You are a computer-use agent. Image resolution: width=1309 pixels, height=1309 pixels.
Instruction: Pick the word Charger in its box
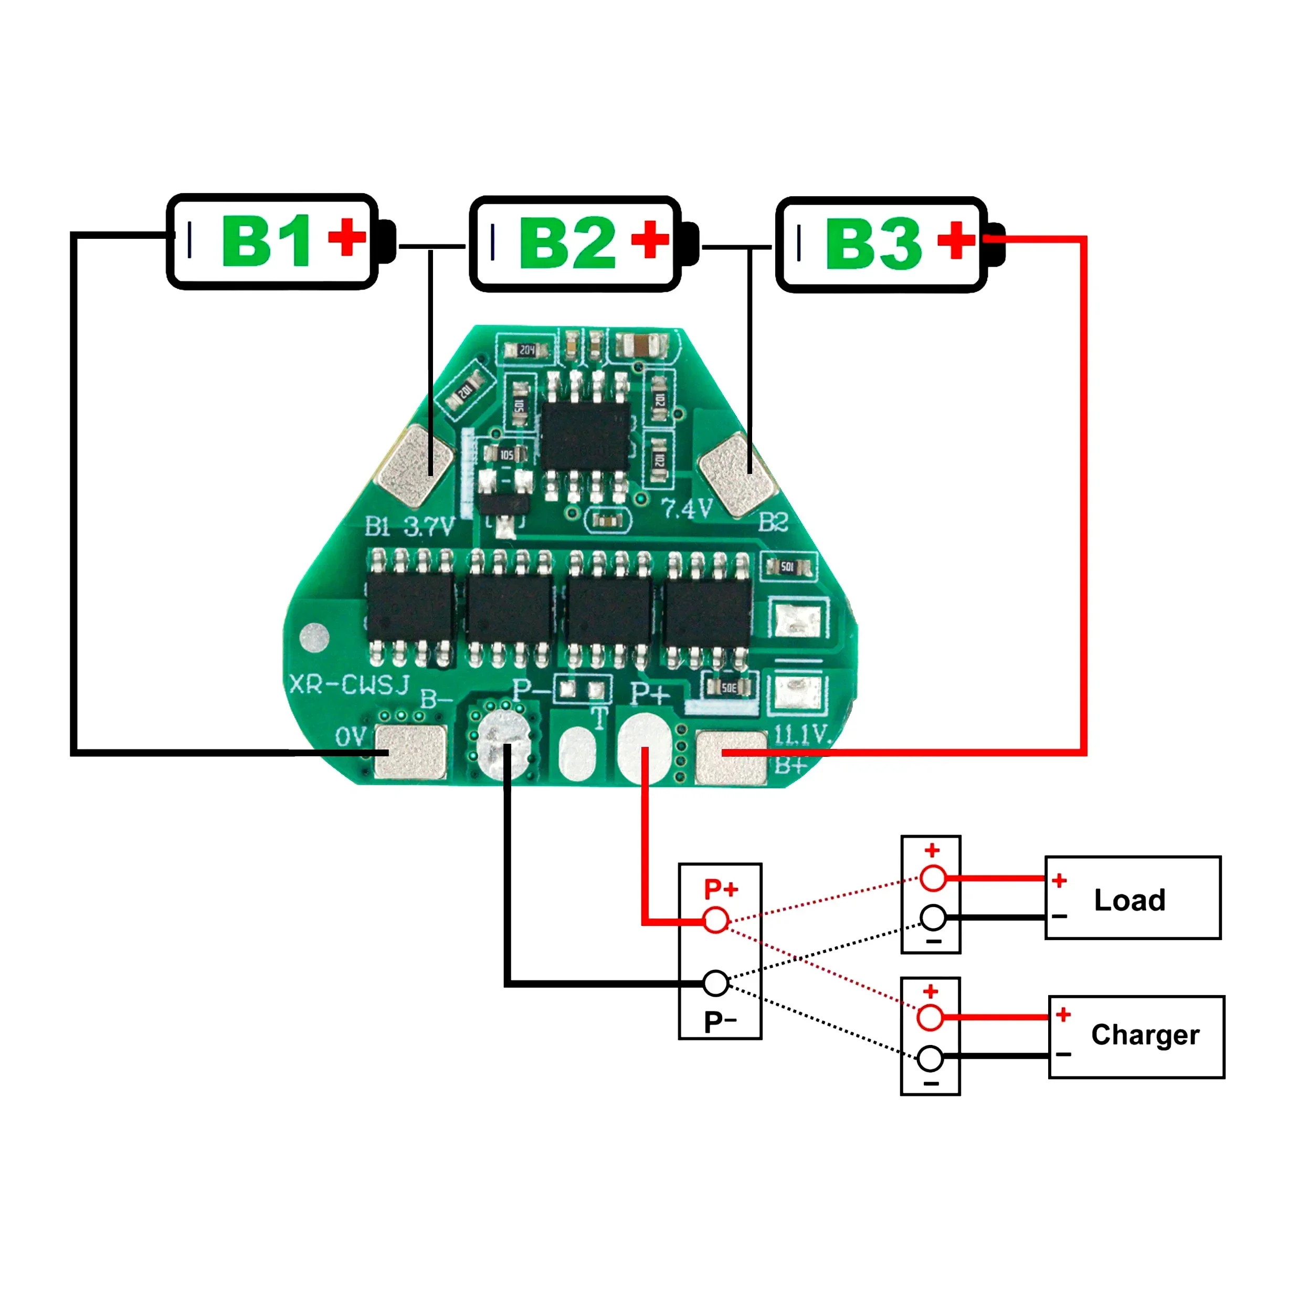[x=1145, y=1034]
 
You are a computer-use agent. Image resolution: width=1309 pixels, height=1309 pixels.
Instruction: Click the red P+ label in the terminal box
[x=720, y=889]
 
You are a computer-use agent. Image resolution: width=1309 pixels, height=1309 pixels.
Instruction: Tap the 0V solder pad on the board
[x=410, y=752]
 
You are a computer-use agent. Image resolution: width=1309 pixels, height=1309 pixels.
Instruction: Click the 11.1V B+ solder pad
[x=731, y=757]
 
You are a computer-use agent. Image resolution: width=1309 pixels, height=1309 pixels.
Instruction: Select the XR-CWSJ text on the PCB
[x=349, y=684]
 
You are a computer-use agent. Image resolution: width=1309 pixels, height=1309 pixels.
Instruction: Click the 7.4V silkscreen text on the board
[x=687, y=508]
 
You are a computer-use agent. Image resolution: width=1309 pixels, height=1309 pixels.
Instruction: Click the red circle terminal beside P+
[x=715, y=920]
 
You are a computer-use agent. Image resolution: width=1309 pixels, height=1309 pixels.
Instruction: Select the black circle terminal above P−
[x=715, y=983]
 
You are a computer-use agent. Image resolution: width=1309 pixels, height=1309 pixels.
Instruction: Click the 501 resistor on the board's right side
[x=787, y=566]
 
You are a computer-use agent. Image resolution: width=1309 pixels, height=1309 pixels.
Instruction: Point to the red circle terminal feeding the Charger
[x=930, y=1017]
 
